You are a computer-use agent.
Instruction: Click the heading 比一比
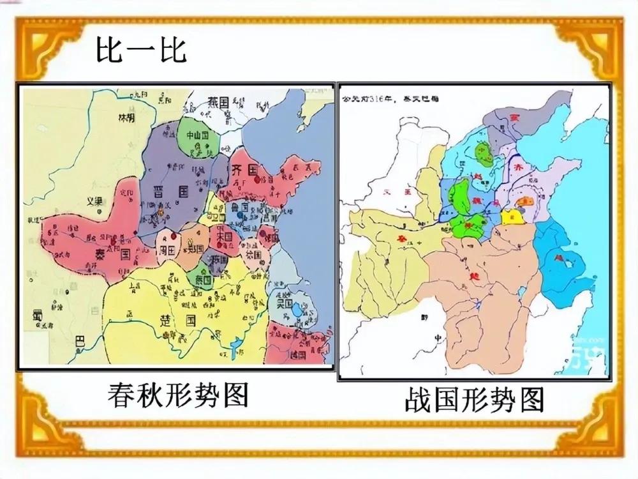pos(141,52)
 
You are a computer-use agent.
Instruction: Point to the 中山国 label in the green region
pos(197,136)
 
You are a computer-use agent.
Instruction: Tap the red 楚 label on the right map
pos(473,276)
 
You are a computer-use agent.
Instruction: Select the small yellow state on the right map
pos(510,216)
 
